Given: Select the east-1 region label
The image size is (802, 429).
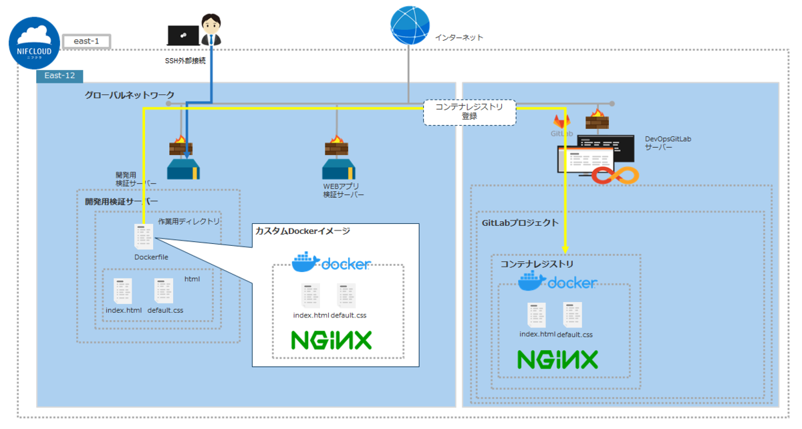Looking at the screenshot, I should pyautogui.click(x=86, y=41).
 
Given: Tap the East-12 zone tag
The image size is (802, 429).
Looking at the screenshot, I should pyautogui.click(x=59, y=76).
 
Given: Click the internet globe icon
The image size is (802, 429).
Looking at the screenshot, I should pyautogui.click(x=409, y=26).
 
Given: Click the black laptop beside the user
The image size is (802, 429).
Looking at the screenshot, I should pyautogui.click(x=182, y=35).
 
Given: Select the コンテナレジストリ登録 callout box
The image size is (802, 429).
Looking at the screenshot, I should pyautogui.click(x=470, y=111).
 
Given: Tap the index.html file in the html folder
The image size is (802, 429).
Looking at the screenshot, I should pyautogui.click(x=123, y=292).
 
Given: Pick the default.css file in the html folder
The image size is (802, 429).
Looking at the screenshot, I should pyautogui.click(x=164, y=292).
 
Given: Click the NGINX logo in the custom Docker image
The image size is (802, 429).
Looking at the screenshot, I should pyautogui.click(x=331, y=340).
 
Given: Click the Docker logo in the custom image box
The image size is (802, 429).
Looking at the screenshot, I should pyautogui.click(x=331, y=262).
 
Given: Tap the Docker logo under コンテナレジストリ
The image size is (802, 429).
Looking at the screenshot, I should pyautogui.click(x=557, y=281).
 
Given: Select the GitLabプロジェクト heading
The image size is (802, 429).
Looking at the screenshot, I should pyautogui.click(x=520, y=223).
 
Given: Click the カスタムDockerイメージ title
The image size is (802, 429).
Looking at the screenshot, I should pyautogui.click(x=302, y=231).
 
